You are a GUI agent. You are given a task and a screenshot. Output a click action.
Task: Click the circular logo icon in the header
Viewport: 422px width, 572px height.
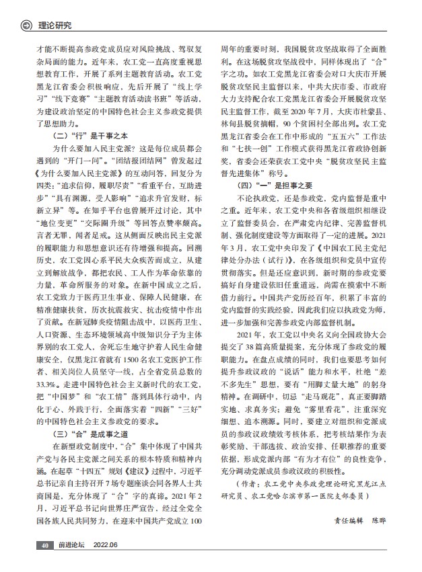click(x=27, y=27)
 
